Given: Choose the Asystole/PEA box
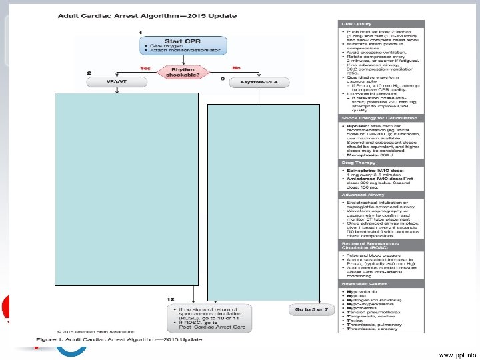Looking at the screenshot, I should pyautogui.click(x=254, y=81).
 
